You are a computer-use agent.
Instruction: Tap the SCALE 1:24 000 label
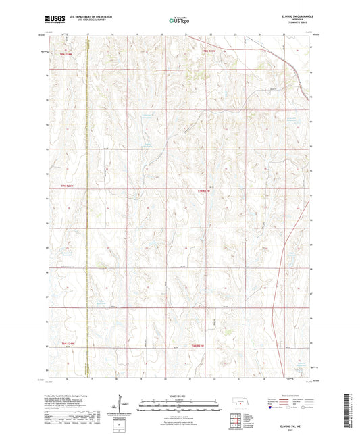(179, 394)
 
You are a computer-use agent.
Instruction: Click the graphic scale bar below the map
(179, 402)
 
